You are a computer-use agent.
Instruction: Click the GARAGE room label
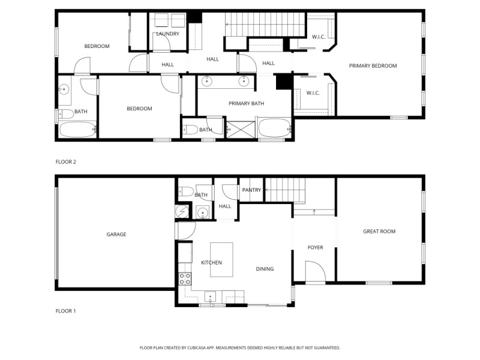click(x=116, y=235)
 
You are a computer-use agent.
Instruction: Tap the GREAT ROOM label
click(x=379, y=232)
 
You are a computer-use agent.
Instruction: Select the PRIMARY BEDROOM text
click(x=373, y=66)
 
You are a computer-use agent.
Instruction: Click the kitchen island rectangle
click(x=221, y=259)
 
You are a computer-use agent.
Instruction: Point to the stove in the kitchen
click(x=185, y=278)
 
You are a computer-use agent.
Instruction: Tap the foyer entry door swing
click(x=314, y=271)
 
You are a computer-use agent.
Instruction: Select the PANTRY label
click(x=251, y=190)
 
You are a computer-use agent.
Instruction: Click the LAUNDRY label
click(x=167, y=34)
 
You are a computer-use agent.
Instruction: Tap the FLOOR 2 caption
click(x=66, y=162)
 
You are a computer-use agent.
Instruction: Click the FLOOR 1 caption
click(x=66, y=311)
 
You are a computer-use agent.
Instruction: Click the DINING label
click(x=265, y=269)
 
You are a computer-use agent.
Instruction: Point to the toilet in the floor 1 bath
click(x=187, y=193)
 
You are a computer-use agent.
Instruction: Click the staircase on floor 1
click(x=286, y=190)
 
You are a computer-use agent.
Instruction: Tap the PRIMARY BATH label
click(x=246, y=104)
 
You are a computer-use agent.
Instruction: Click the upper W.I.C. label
click(x=318, y=37)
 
